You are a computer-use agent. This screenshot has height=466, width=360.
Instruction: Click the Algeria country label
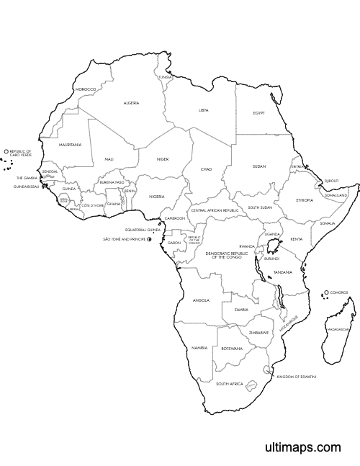tap(131, 102)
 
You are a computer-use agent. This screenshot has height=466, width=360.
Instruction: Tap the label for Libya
tap(204, 110)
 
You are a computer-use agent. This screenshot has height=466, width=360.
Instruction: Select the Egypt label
tap(259, 113)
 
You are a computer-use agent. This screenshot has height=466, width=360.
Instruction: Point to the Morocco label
tap(86, 89)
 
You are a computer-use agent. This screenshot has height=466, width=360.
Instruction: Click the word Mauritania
tap(71, 145)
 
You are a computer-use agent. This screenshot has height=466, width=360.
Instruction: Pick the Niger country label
tap(163, 158)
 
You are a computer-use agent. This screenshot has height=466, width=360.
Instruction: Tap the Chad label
tap(207, 169)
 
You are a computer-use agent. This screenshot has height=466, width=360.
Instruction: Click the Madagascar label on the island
tap(338, 329)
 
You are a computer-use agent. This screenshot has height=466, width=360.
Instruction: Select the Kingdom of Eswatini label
tap(296, 376)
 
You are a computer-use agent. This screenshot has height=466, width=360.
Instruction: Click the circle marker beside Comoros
tap(326, 292)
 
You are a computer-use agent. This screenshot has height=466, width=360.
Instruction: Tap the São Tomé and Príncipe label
tap(124, 238)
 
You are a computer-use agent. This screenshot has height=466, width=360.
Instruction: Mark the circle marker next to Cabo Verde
tap(6, 151)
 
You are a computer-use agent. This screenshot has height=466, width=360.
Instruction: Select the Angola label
tap(202, 300)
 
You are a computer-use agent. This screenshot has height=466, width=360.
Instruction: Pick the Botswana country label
tap(232, 348)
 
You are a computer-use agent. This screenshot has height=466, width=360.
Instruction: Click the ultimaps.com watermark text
tap(302, 447)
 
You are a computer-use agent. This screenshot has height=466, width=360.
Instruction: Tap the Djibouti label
tap(331, 180)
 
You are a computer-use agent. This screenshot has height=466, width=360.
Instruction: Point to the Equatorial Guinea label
tap(143, 230)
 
